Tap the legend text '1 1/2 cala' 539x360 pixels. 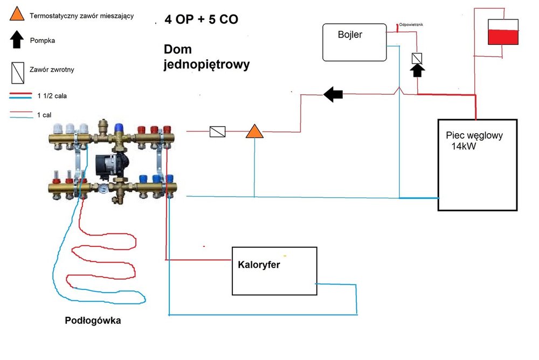52,95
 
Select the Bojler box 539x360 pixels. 355,42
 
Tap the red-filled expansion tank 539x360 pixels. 502,33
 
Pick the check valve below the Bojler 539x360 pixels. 417,58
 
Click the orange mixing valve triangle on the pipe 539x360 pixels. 253,131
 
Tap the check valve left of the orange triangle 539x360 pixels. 217,131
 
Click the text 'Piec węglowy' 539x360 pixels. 474,136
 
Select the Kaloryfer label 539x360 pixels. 259,265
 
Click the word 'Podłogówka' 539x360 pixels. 93,321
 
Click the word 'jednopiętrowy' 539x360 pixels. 206,65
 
